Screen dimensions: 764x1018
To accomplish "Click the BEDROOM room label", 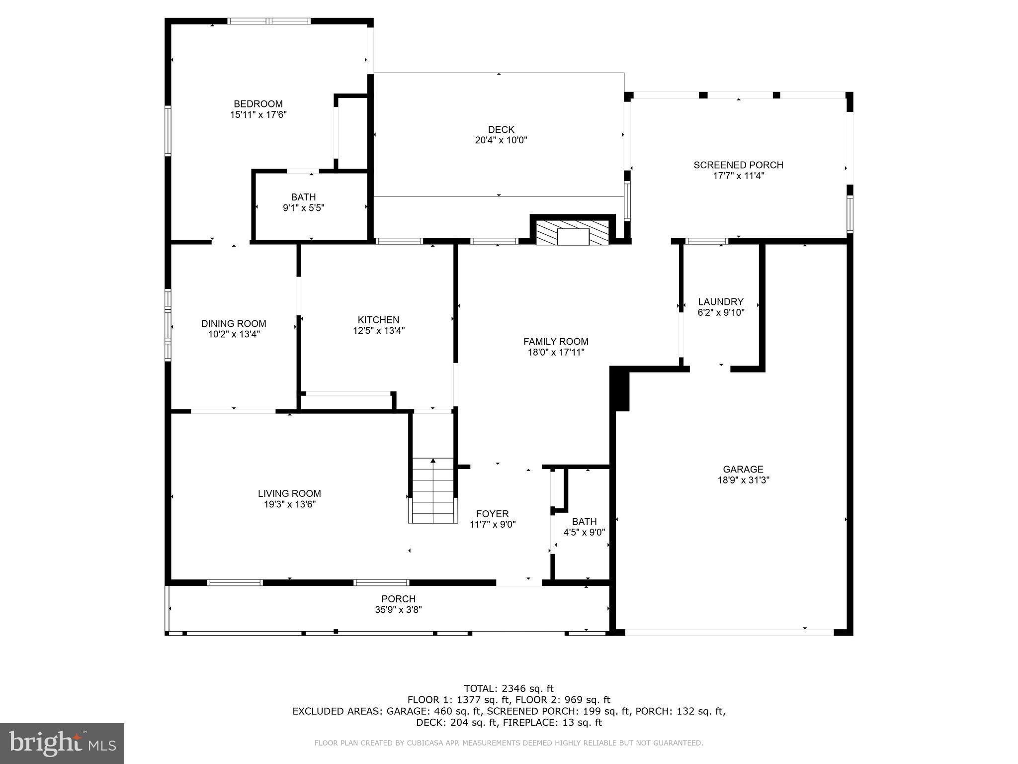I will point(258,104).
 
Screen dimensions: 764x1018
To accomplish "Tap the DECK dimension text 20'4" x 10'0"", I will point(501,140).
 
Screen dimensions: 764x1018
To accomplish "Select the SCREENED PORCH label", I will point(738,165).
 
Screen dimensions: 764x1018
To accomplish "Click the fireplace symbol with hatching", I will point(572,233).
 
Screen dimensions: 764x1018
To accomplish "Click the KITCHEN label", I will point(378,320).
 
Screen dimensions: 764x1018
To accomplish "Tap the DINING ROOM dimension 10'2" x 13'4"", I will point(234,334).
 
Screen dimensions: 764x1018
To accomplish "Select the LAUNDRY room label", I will point(720,302).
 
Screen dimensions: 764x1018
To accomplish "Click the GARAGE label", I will point(743,469).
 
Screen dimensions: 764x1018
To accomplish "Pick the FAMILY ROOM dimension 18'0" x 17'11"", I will point(556,353).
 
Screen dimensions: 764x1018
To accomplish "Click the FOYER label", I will point(492,514).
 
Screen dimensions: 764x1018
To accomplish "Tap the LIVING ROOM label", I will point(289,493).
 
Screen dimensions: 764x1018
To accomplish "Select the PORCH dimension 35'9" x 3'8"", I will point(398,610).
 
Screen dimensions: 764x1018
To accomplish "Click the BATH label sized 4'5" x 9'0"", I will point(584,521).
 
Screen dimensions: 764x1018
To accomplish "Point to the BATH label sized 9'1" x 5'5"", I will point(303,197).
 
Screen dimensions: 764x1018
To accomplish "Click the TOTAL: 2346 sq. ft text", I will point(509,688).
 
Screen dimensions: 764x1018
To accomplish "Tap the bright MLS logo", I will point(62,744).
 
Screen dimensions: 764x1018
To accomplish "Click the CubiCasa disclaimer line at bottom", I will point(509,743).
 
